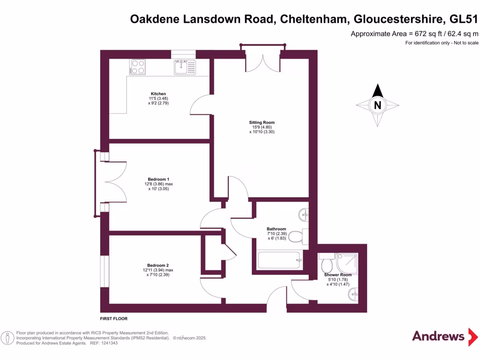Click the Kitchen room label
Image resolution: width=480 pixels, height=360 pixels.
[158, 93]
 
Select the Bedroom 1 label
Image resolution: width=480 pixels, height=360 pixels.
[158, 180]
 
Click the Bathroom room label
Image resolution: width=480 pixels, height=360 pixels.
[276, 229]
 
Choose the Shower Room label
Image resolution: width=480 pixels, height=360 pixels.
[337, 275]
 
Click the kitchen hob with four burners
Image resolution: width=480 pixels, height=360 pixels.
[138, 67]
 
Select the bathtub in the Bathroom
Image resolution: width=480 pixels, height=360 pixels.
[279, 259]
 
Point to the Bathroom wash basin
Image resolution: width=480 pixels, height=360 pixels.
[304, 215]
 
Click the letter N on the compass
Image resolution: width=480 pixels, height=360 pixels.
[377, 105]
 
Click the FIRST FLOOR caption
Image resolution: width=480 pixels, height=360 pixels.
[114, 319]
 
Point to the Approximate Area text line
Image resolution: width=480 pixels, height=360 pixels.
[414, 34]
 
